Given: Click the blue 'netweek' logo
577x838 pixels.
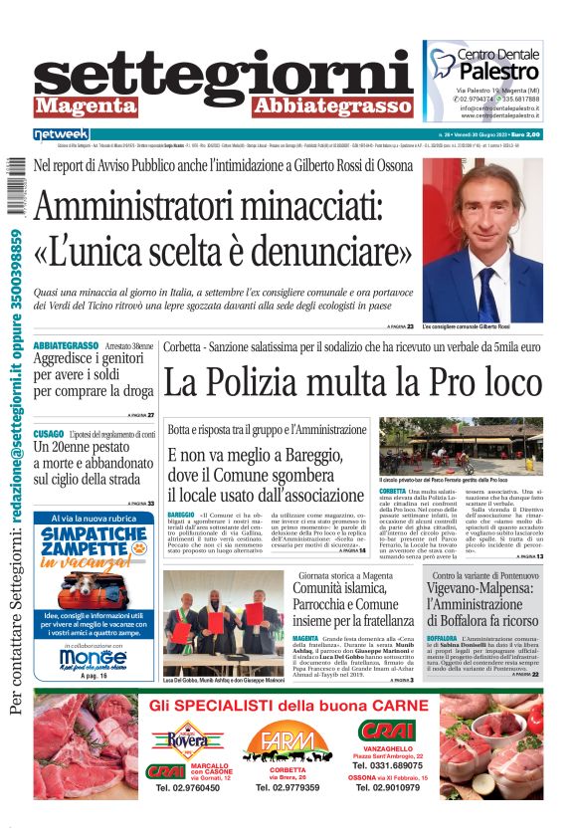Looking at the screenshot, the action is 62,133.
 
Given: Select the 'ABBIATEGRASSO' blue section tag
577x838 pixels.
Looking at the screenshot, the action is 66,345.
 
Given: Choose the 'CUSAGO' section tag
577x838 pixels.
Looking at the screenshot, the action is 49,435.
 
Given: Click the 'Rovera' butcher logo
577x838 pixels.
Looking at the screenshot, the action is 188,740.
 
